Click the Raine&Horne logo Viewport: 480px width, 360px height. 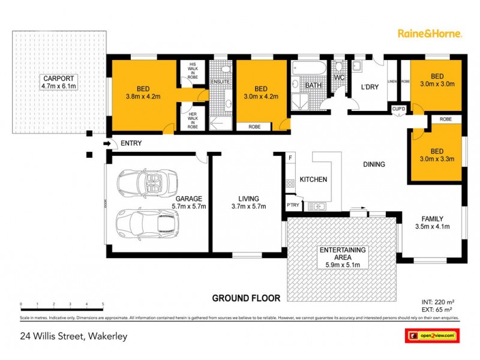click(430, 34)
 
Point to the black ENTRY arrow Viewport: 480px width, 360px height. click(108, 143)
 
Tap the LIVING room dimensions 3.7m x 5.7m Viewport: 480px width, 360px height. click(248, 206)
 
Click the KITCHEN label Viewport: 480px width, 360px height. click(313, 179)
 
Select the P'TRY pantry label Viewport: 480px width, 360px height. click(293, 206)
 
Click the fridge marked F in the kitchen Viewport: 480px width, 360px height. click(290, 158)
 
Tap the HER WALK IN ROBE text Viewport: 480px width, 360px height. click(193, 121)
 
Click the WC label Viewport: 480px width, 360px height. click(338, 78)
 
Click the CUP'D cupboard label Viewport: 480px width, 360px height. click(398, 109)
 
